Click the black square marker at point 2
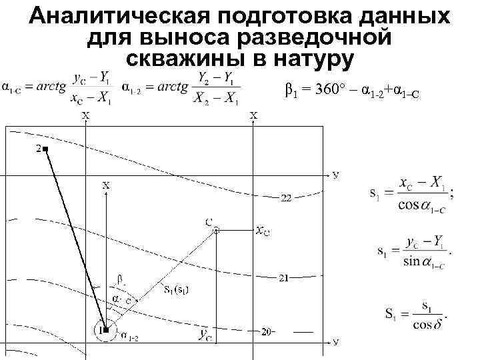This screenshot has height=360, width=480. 45,149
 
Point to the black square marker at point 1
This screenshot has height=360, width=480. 105,329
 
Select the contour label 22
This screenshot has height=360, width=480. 285,199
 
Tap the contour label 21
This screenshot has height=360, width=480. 283,277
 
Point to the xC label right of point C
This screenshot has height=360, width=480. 263,231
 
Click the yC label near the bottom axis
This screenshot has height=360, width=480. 206,335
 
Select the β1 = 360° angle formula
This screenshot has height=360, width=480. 352,91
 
